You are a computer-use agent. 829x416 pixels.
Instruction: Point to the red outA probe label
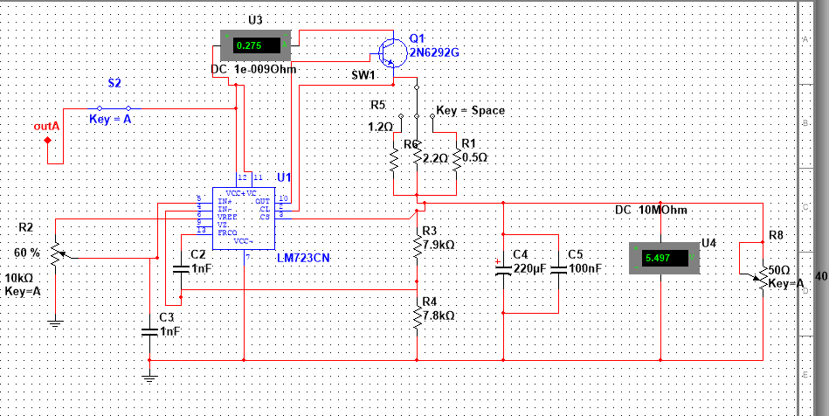click(x=46, y=128)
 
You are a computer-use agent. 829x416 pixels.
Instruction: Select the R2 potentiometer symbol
click(x=56, y=254)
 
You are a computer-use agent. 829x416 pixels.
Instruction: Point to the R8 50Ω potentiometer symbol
click(x=763, y=281)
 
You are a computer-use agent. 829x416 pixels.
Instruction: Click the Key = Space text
click(x=470, y=111)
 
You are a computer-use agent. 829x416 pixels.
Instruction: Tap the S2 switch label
click(x=114, y=82)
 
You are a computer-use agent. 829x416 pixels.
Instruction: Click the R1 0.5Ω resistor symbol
click(x=456, y=158)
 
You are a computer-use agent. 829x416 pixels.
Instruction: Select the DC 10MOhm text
click(x=650, y=210)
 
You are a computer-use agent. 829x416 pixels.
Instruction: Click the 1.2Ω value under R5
click(x=381, y=127)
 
